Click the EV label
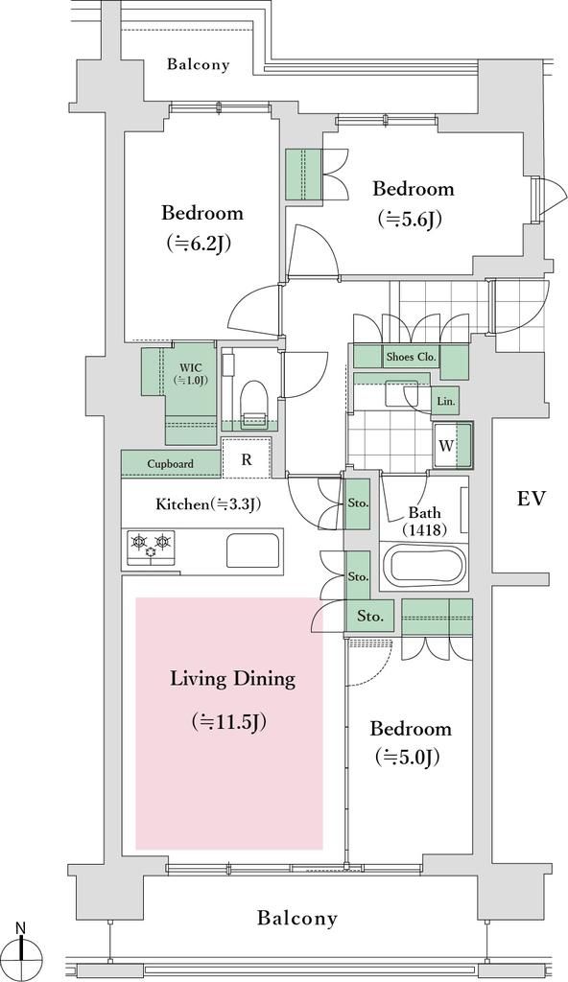(532, 499)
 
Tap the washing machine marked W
(453, 445)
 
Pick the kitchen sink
(252, 549)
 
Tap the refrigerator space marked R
(247, 459)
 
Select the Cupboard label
(170, 464)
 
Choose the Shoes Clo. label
(412, 357)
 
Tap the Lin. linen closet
(446, 402)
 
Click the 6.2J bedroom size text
(199, 243)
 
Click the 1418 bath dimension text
(424, 529)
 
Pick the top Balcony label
(198, 64)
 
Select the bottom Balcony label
(297, 918)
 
